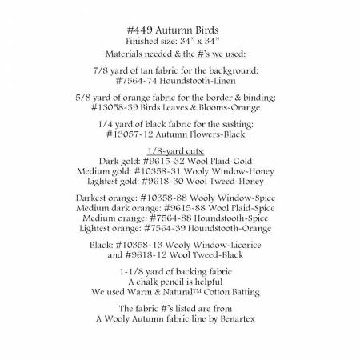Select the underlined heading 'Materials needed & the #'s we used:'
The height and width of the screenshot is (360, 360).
[x=180, y=53]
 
